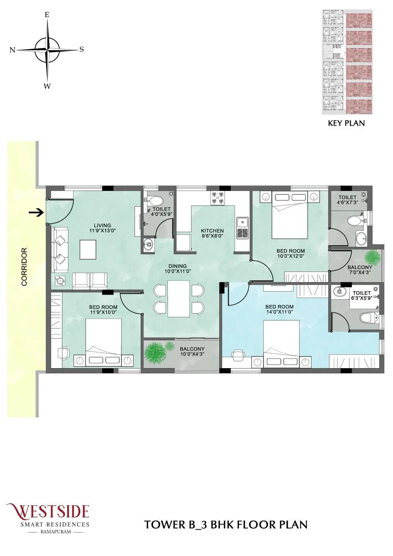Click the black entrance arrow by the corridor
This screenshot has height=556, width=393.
click(x=36, y=213)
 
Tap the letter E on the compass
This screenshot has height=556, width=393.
click(x=47, y=15)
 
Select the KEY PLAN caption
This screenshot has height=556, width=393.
click(x=346, y=123)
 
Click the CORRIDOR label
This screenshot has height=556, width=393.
click(x=24, y=266)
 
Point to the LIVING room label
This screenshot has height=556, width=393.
click(x=103, y=226)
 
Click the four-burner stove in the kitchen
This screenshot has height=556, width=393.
click(x=217, y=198)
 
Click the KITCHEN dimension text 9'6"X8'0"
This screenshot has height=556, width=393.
click(x=212, y=236)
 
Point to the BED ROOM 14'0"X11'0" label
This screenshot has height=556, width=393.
click(x=279, y=309)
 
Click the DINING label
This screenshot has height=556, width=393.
click(x=177, y=266)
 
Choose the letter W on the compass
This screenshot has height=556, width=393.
click(x=47, y=86)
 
